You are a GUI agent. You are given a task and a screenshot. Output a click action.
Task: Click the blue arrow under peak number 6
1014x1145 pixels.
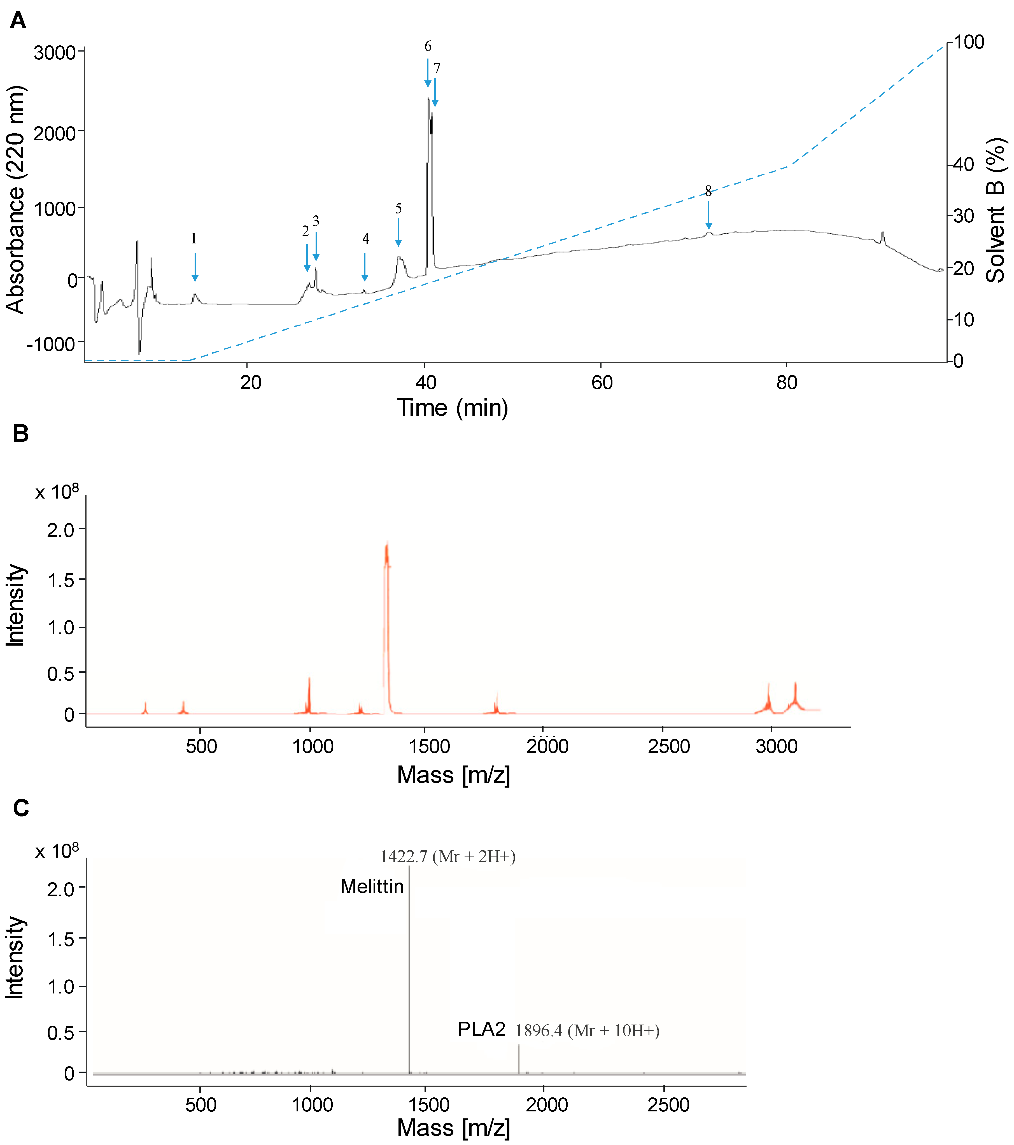428,73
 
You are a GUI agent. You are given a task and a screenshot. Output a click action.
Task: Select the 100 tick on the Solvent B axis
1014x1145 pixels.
969,42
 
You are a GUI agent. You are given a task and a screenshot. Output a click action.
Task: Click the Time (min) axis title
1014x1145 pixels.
453,408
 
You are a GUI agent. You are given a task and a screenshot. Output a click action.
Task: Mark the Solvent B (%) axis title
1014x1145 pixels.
996,210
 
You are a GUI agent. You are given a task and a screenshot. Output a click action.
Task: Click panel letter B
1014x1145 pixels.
21,434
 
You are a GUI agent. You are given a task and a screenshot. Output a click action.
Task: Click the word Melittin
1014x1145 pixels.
372,887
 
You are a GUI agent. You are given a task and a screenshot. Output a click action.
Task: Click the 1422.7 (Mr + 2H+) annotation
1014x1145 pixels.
447,857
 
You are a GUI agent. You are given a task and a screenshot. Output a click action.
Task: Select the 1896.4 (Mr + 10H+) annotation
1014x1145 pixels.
587,1031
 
